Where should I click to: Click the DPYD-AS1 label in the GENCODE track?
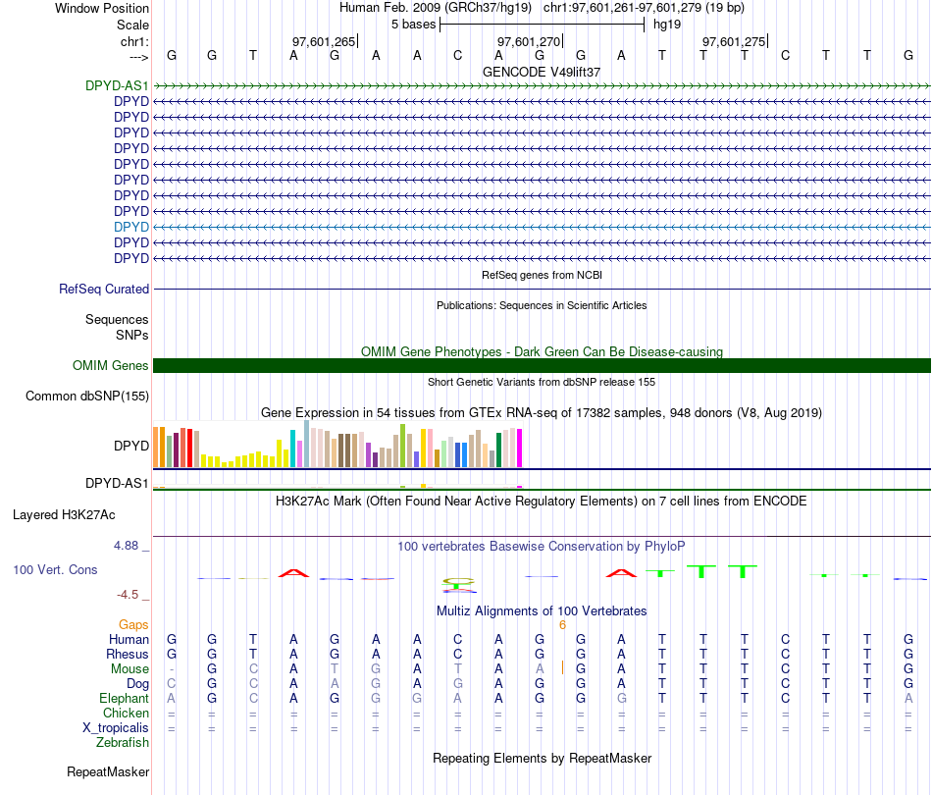point(117,85)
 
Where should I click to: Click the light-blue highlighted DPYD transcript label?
point(131,227)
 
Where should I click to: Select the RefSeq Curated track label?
point(104,290)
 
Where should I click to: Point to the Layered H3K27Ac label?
point(64,514)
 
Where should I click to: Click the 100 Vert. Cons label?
point(55,570)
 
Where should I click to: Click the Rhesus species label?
point(128,655)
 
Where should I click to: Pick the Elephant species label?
point(125,699)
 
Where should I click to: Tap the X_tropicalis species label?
point(116,728)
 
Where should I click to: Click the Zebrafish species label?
point(123,743)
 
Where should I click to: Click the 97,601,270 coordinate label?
point(529,42)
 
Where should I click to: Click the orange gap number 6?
point(562,625)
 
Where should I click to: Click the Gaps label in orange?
point(133,625)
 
